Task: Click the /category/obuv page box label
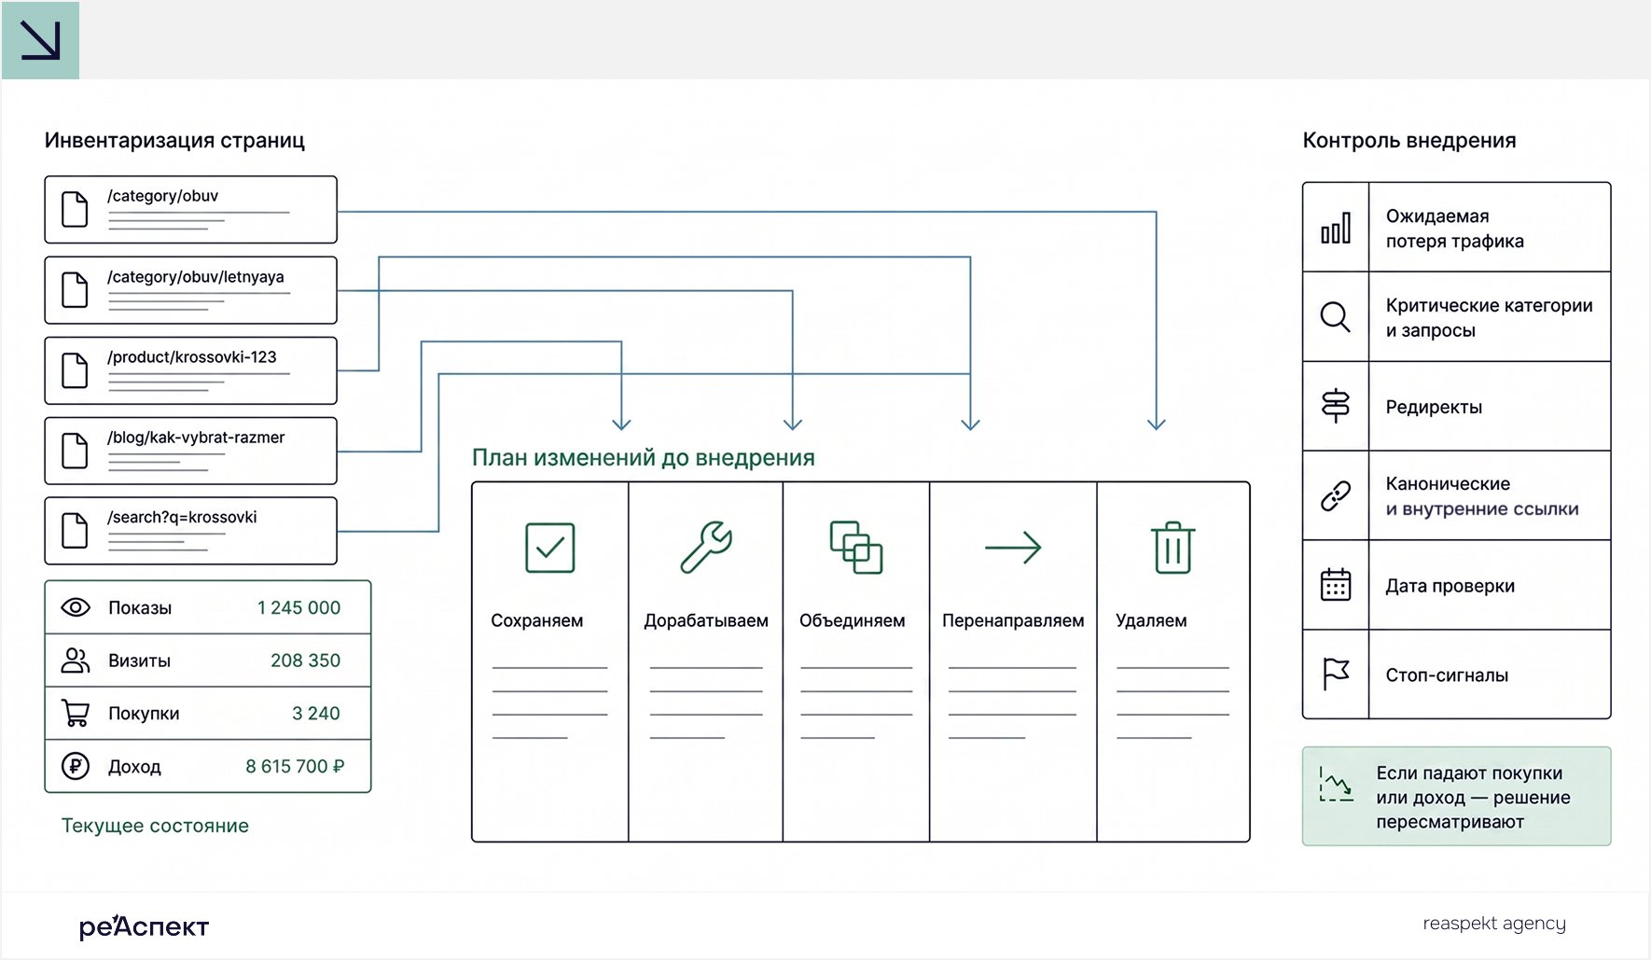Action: [x=162, y=196]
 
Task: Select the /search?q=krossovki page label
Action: [x=182, y=518]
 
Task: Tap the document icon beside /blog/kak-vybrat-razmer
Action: [x=75, y=451]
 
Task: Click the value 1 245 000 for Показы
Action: [x=298, y=607]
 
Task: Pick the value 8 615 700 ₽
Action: [x=295, y=766]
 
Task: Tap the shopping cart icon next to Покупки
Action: [x=76, y=714]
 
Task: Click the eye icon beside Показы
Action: [x=76, y=607]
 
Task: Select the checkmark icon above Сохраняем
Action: [x=550, y=548]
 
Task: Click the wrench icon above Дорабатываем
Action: [x=706, y=547]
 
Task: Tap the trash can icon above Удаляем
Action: [x=1172, y=548]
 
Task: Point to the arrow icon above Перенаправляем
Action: [x=1013, y=548]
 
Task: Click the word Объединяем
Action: [x=852, y=620]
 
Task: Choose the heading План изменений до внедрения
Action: [x=644, y=457]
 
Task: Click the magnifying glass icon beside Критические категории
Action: [x=1336, y=317]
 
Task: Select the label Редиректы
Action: [x=1434, y=407]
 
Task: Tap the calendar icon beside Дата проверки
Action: [x=1336, y=585]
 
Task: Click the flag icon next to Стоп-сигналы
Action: [x=1336, y=674]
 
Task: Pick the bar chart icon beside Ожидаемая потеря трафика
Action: [x=1336, y=228]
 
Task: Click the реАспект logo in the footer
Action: [x=144, y=925]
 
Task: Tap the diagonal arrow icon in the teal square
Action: [x=41, y=40]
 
